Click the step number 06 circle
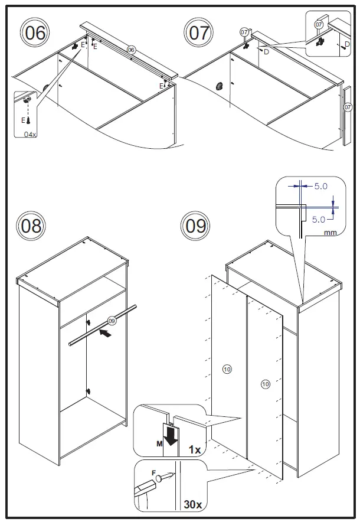36,32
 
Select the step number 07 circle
199,32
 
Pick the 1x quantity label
194,450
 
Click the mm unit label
330,233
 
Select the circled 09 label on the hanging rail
112,320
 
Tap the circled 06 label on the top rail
132,50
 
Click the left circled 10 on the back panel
227,370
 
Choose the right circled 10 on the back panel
265,384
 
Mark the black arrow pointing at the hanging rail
104,333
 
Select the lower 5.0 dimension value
319,219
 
